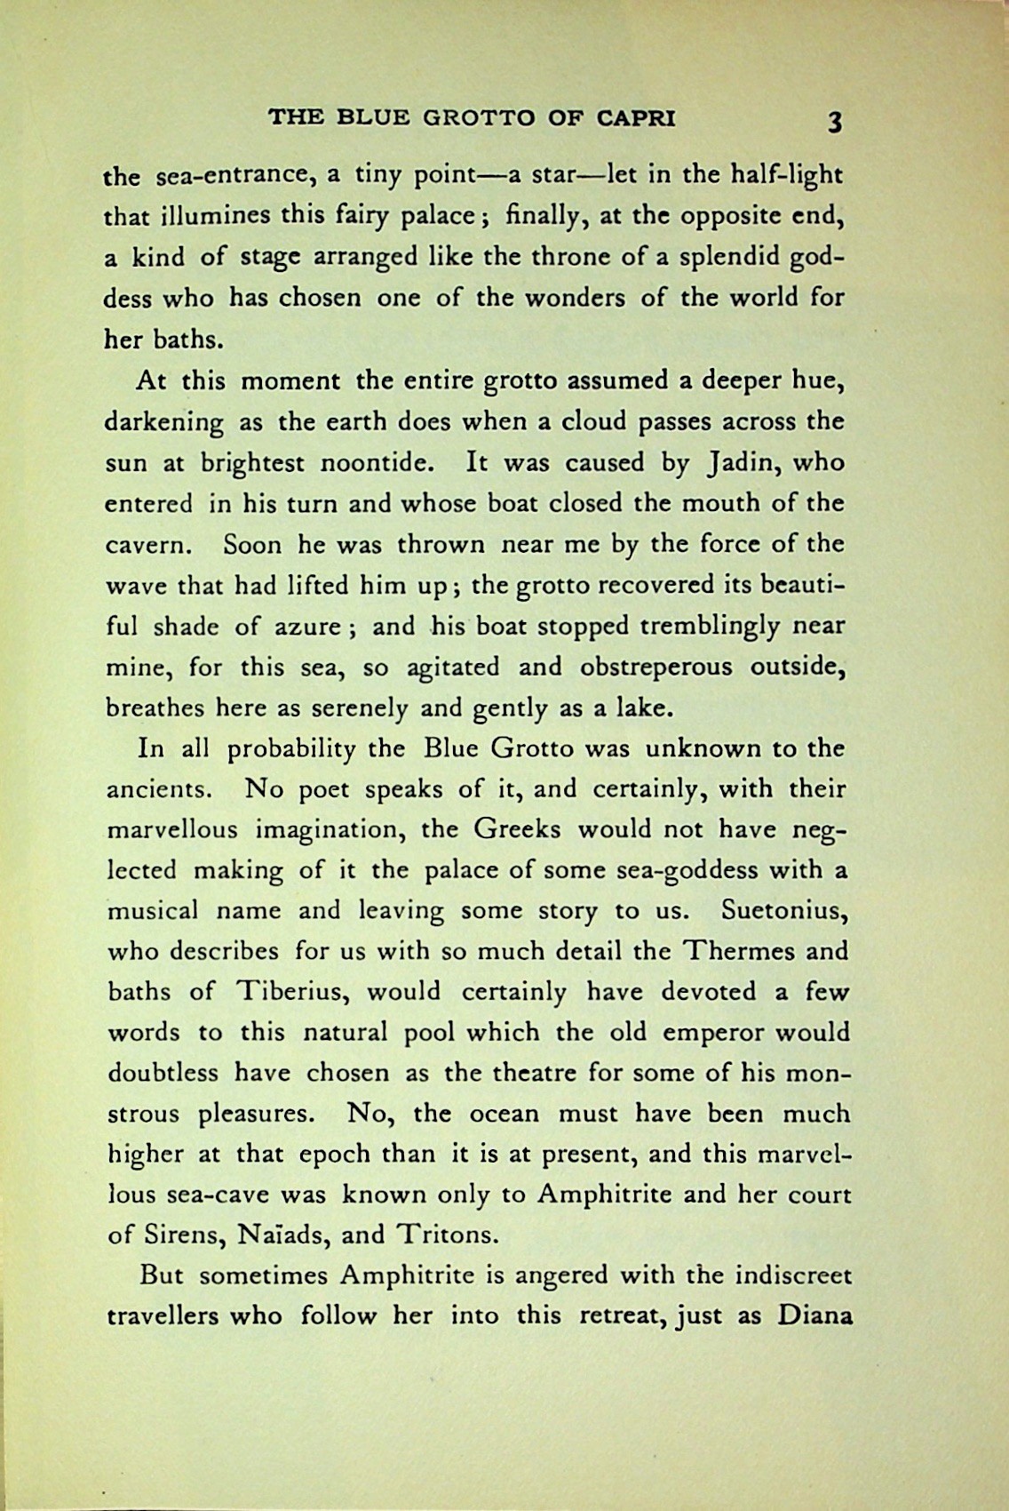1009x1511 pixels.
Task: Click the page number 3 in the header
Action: (x=832, y=122)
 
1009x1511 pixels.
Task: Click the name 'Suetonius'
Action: (x=788, y=911)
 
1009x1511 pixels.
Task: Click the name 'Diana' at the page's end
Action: (x=815, y=1315)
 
